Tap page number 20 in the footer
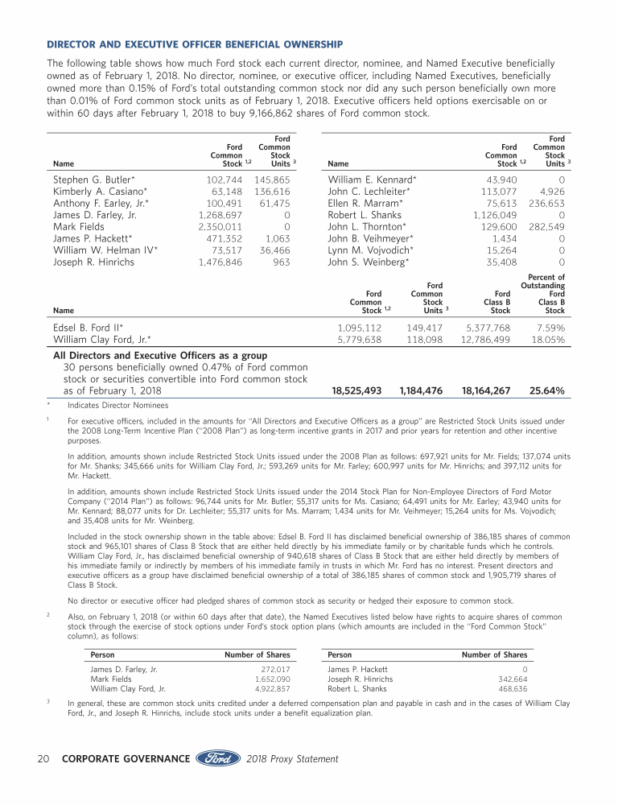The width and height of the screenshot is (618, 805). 47,758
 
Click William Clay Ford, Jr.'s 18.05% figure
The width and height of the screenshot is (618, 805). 547,340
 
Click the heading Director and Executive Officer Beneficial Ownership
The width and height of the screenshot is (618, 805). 195,43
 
